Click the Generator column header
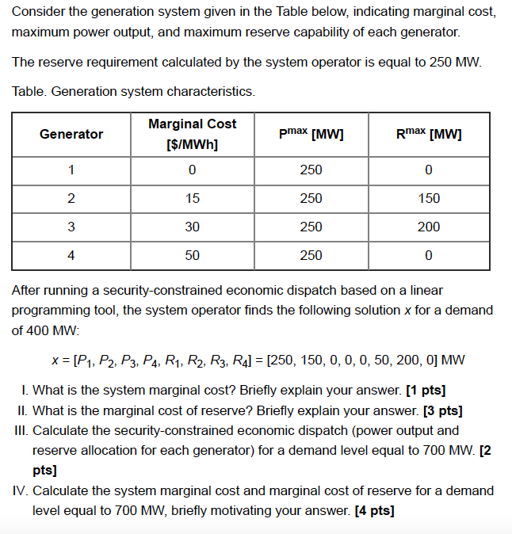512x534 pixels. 71,134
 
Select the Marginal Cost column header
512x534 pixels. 192,134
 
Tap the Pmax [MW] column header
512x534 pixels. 311,134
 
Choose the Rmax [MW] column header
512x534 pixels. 429,134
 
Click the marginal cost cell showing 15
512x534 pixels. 192,198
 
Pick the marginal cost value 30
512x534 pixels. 192,227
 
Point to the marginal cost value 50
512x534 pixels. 192,255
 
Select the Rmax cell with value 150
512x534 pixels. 429,198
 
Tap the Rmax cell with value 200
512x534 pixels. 429,227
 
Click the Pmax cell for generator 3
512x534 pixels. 311,227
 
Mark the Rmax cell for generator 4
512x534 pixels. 429,255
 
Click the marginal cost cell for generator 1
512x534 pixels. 192,170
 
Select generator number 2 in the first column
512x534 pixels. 71,198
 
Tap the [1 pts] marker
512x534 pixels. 425,390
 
